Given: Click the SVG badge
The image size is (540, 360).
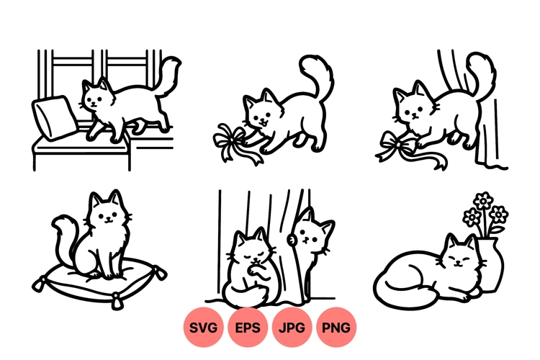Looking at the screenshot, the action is coord(203,327).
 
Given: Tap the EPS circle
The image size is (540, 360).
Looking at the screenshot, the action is coord(247,327).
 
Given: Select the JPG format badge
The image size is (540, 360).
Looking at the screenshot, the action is coord(292,327).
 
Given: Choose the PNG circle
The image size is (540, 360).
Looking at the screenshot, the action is coord(336,327).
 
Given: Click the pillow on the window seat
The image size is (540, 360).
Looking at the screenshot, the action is coord(54,117).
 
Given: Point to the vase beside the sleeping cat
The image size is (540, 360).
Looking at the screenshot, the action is coord(491,264).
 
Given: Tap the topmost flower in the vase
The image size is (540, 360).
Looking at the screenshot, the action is coord(483,200).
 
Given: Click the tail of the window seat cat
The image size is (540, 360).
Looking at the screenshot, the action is coord(168,76).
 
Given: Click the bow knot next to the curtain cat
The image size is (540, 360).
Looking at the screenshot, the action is coord(399,145).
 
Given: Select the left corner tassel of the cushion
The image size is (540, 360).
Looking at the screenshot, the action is coord(39,284).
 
